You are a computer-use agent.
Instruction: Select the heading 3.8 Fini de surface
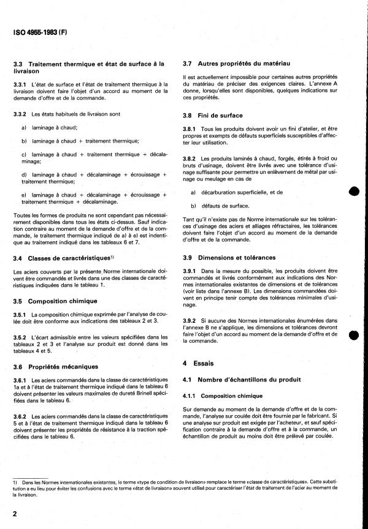coord(213,115)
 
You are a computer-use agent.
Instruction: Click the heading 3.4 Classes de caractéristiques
coord(63,258)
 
